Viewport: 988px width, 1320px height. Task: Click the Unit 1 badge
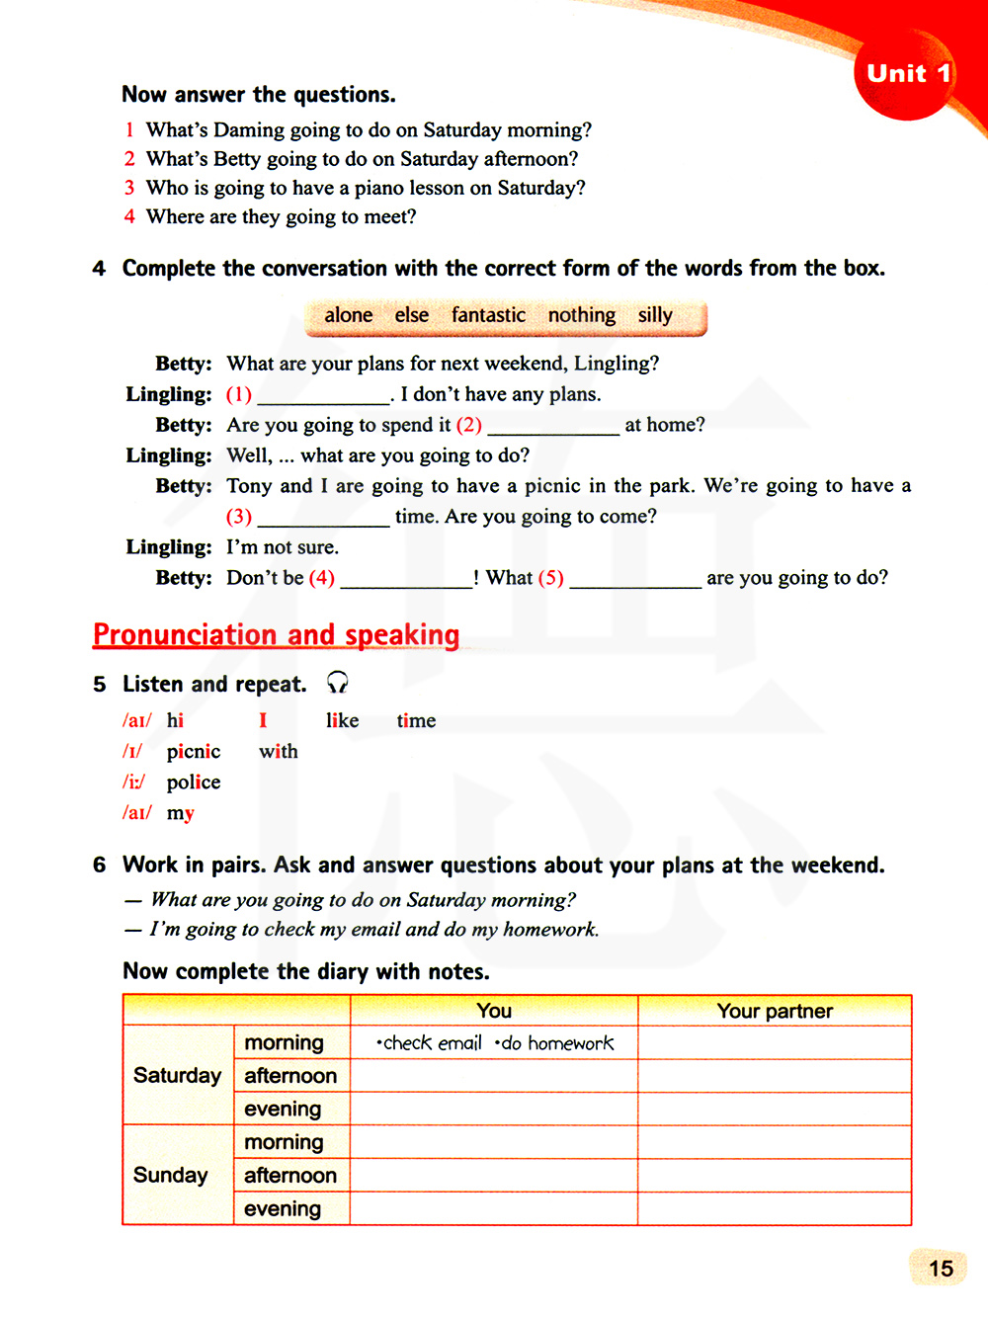tap(907, 74)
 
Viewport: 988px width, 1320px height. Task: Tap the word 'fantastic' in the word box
tap(488, 315)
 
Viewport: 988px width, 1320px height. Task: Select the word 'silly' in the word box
tap(655, 315)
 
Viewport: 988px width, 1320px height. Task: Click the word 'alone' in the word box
tap(349, 315)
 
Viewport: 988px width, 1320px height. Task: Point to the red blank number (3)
tap(239, 517)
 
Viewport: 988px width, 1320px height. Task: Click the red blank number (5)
tap(550, 578)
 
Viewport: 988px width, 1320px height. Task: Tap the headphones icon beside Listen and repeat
tap(337, 683)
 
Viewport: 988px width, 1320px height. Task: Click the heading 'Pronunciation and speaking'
tap(277, 634)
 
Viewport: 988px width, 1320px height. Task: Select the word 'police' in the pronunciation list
tap(194, 783)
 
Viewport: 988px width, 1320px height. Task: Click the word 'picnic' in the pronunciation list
tap(194, 752)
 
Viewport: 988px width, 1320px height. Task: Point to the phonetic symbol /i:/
tap(133, 783)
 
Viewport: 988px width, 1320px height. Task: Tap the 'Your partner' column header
tap(775, 1011)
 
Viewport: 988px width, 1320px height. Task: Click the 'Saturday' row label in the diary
tap(177, 1075)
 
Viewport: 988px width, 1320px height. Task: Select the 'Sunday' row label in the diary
tap(170, 1175)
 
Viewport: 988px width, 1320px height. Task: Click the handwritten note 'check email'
tap(430, 1043)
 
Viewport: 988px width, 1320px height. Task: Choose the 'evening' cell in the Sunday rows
tap(283, 1208)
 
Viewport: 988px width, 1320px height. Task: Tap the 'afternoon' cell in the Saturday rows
tap(290, 1076)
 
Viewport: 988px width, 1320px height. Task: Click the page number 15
tap(941, 1268)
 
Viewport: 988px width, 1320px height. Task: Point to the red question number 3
tap(129, 188)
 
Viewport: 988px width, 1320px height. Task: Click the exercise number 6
tap(99, 866)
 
